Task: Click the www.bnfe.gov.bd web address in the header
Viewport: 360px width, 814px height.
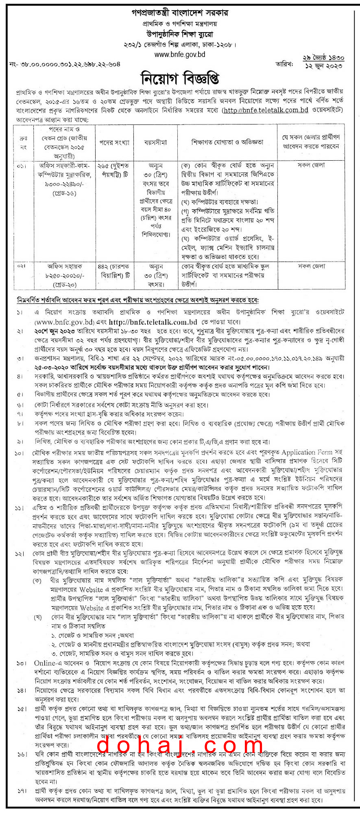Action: (179, 54)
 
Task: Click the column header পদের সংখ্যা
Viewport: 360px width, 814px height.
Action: (115, 142)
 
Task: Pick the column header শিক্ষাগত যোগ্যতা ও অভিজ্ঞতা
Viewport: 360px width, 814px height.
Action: (228, 142)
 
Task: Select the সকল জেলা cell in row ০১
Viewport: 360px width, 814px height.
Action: (311, 166)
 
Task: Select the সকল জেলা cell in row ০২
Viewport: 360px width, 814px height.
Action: (311, 266)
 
